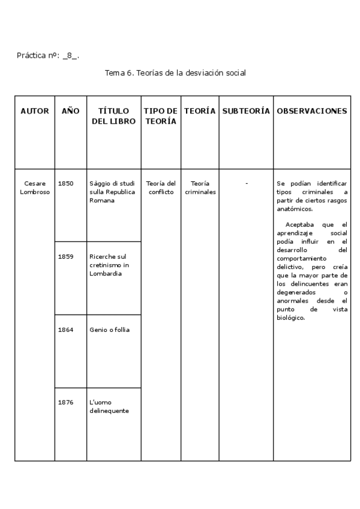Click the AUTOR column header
pos(35,111)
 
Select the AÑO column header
pos(71,111)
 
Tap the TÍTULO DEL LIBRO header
pos(113,116)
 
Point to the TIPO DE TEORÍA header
pos(160,116)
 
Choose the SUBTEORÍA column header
pos(246,111)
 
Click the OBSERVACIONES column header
pos(311,111)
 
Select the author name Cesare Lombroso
pos(35,187)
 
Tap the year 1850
pos(66,183)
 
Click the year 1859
pos(66,256)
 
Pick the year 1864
pos(66,330)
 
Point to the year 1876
pos(66,402)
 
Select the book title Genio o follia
pos(109,330)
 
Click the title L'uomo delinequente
pos(109,406)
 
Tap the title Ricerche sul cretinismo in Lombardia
pos(109,265)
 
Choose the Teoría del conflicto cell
pos(161,187)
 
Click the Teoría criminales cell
pos(200,187)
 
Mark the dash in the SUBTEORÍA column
pos(246,183)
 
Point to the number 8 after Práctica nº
pos(71,56)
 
